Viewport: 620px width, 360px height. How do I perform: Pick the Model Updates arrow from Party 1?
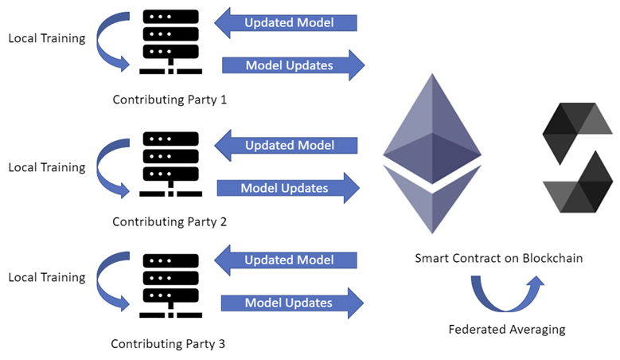pyautogui.click(x=291, y=65)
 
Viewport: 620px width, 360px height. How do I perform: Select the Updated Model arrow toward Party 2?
pyautogui.click(x=286, y=145)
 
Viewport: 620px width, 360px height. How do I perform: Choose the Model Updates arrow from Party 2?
pyautogui.click(x=287, y=189)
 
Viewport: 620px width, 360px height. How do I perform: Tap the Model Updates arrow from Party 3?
pyautogui.click(x=291, y=303)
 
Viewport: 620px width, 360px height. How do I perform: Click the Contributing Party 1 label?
pyautogui.click(x=170, y=100)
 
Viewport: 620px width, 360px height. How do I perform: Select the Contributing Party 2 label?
pyautogui.click(x=170, y=222)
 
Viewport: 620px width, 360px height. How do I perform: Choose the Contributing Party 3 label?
pyautogui.click(x=168, y=344)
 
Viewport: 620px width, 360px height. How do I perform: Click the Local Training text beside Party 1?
pyautogui.click(x=46, y=37)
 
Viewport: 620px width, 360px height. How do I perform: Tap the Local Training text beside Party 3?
pyautogui.click(x=46, y=277)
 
